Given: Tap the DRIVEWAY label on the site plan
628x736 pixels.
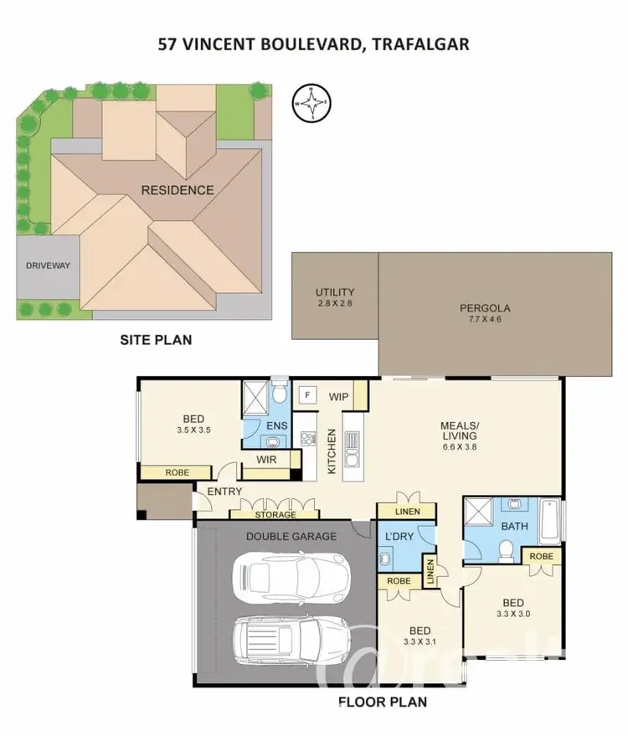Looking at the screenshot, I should (49, 266).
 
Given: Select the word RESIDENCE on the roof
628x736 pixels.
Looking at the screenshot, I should (177, 190).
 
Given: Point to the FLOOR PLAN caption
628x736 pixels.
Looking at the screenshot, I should (383, 702).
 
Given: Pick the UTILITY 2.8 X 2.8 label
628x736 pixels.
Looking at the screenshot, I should (335, 297).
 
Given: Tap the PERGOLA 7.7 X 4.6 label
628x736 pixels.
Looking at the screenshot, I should (485, 313).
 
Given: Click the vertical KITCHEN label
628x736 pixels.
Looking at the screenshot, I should (332, 452).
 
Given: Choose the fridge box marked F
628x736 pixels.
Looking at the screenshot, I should (308, 394).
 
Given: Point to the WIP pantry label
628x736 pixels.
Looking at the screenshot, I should (339, 396).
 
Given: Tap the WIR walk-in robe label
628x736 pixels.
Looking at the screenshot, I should (266, 459).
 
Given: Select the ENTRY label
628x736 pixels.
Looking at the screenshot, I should (224, 492).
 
